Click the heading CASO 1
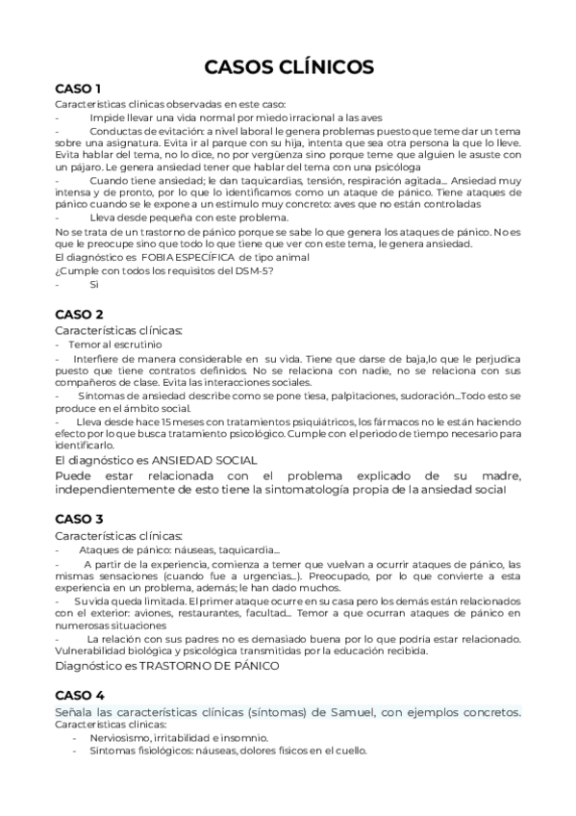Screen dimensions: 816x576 pyautogui.click(x=79, y=89)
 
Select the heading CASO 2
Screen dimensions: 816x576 pyautogui.click(x=80, y=314)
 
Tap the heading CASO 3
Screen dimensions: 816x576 pyautogui.click(x=80, y=518)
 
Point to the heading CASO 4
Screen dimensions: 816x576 pyautogui.click(x=80, y=694)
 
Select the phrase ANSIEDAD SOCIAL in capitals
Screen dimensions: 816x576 pyautogui.click(x=211, y=460)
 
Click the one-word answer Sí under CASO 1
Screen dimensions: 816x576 pyautogui.click(x=94, y=284)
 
